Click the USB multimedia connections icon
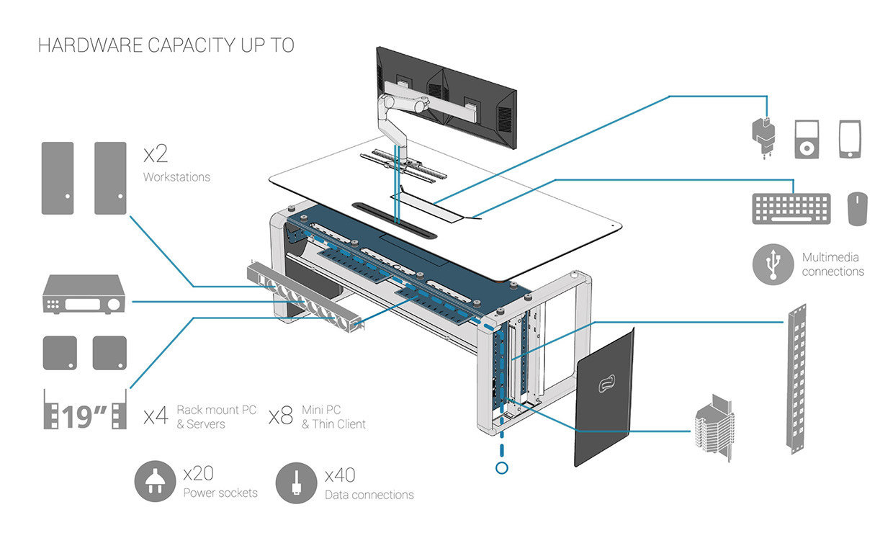coord(772,265)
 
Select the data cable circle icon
coord(296,482)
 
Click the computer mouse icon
coord(857,208)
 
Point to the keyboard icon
coord(791,208)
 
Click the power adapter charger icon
coord(763,135)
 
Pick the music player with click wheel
coord(807,139)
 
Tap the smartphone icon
coord(851,139)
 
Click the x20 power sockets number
coord(197,474)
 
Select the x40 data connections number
coord(340,475)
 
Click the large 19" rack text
coord(84,416)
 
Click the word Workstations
coord(176,176)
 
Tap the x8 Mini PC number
coord(280,416)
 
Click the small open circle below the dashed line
coord(502,467)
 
